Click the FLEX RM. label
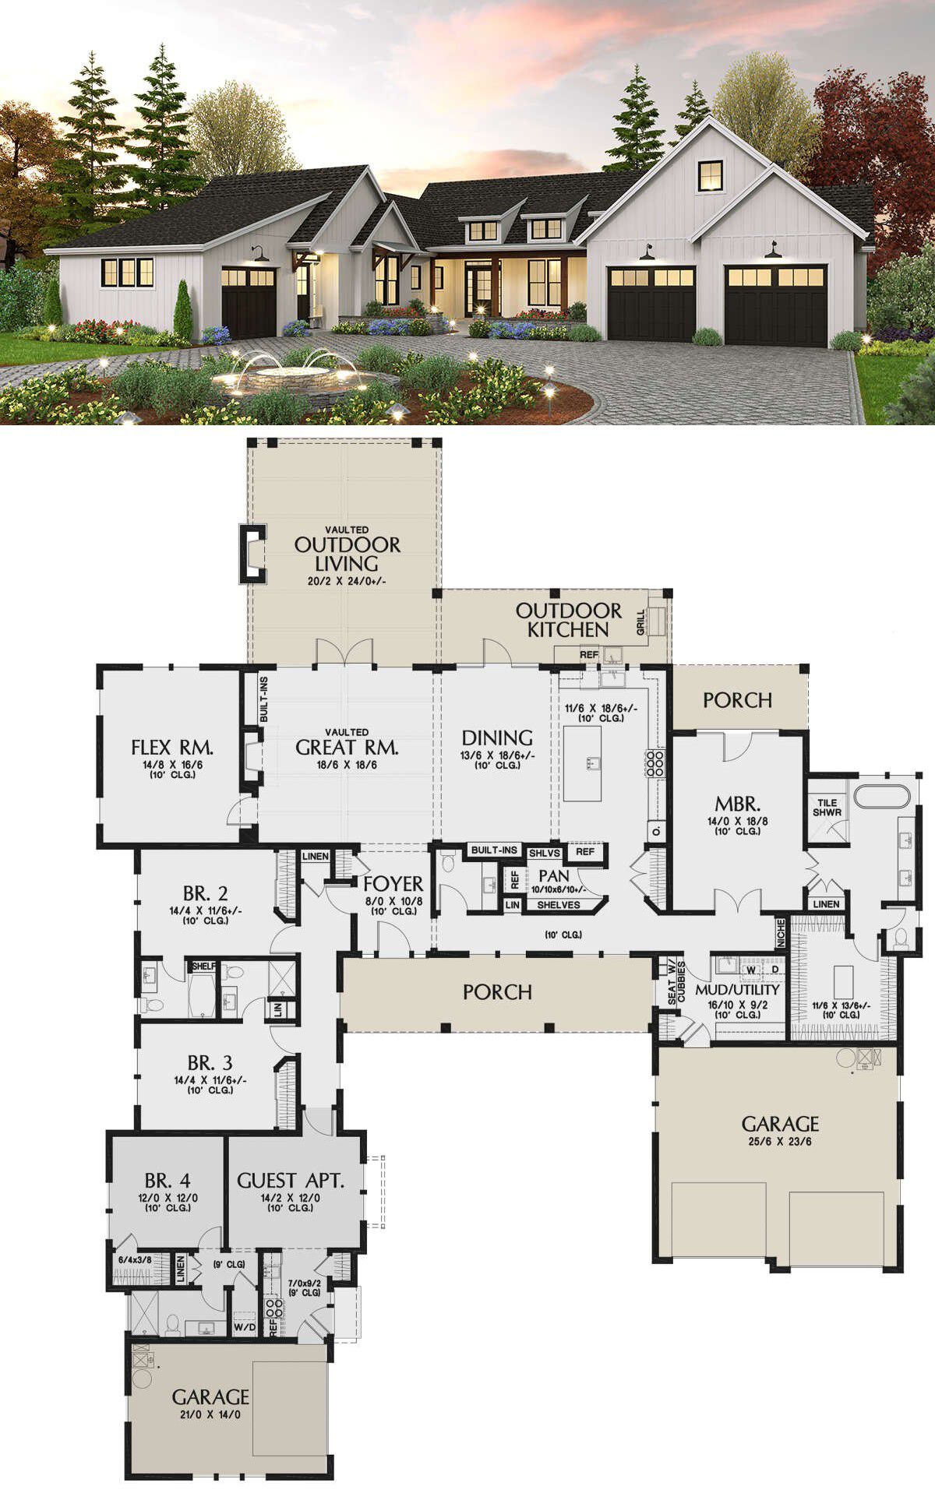172,748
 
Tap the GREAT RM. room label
348,748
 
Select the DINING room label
497,738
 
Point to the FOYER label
393,884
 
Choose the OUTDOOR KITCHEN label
569,620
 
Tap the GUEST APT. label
290,1181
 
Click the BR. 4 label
168,1181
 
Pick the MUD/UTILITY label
737,990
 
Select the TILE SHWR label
827,808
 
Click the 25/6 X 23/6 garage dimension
780,1142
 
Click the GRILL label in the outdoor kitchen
641,622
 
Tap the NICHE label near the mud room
782,934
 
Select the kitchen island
582,763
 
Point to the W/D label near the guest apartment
245,1326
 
